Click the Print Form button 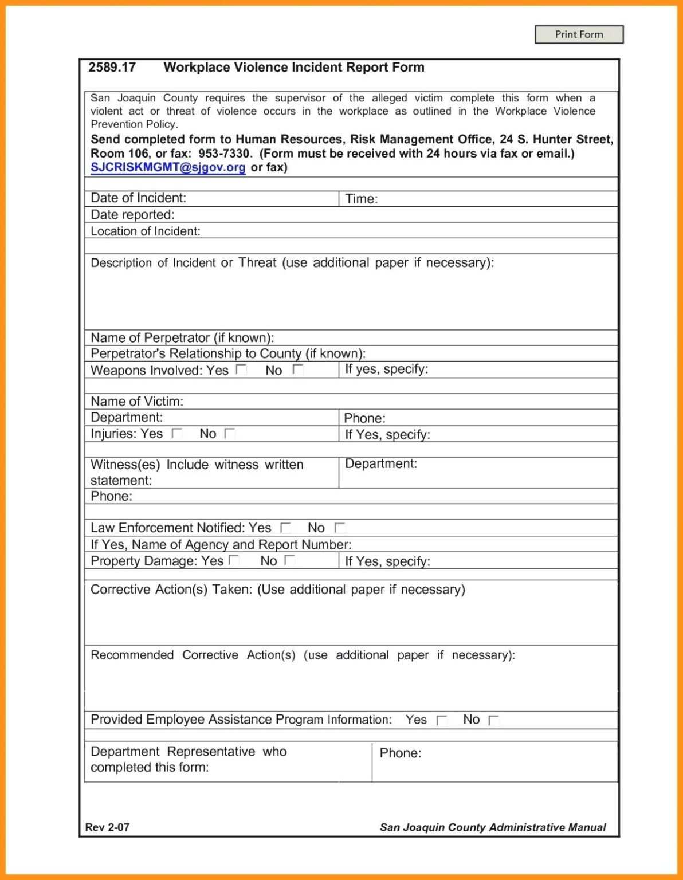coord(579,34)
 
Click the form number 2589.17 coord(112,68)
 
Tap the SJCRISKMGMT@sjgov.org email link coord(168,167)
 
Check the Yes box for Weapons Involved coord(241,370)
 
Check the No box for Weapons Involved coord(297,370)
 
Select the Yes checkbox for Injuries coord(177,434)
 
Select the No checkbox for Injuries coord(230,434)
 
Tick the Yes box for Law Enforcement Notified coord(285,528)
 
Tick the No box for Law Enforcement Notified coord(340,528)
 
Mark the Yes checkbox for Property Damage coord(234,560)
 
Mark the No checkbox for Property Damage coord(290,560)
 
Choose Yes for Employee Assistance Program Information coord(441,720)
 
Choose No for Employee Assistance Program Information coord(493,720)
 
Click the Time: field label coord(361,199)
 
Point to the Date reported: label coord(132,215)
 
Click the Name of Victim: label coord(137,401)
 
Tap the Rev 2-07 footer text coord(107,827)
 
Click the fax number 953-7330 coord(225,154)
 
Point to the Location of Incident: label coord(145,231)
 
